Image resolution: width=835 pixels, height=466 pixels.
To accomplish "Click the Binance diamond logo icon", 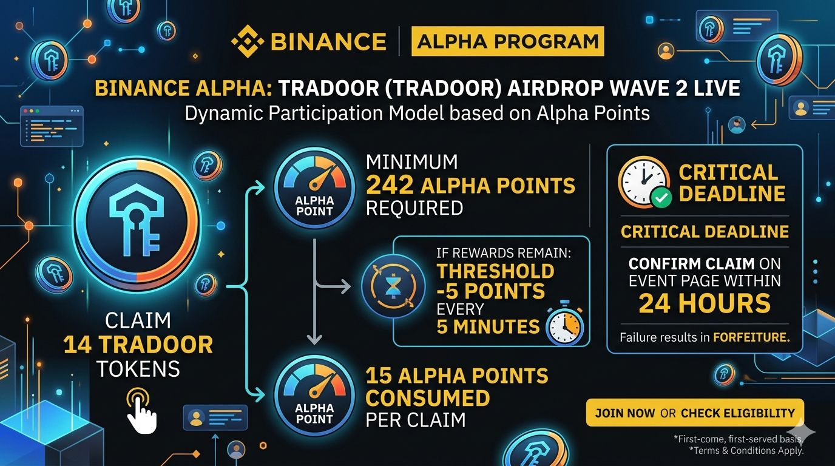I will (x=247, y=42).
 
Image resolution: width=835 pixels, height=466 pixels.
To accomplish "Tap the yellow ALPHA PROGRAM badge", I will (x=507, y=42).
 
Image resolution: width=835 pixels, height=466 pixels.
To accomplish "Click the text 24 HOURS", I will (x=704, y=303).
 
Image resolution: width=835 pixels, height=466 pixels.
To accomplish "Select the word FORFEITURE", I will (x=751, y=337).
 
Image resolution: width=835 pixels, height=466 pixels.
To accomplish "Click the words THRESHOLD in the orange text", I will (x=487, y=271).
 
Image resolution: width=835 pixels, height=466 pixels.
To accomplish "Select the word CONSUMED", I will (x=428, y=398).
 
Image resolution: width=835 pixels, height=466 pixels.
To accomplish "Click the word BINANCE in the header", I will (x=328, y=42).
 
